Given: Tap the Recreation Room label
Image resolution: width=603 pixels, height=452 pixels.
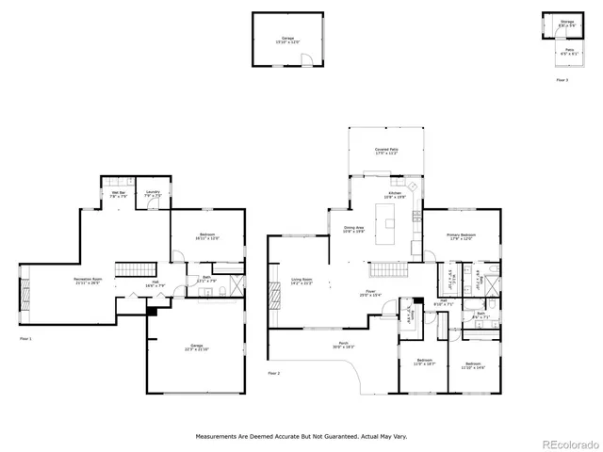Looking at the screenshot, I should click(x=90, y=282).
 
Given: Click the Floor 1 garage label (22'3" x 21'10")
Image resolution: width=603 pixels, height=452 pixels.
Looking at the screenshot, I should click(x=197, y=347).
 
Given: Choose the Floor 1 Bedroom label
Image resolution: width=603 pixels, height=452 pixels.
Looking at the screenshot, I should click(x=207, y=236).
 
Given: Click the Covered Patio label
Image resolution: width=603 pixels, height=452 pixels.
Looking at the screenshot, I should click(x=384, y=152).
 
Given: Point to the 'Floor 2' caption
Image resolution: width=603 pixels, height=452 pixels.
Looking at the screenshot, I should click(x=274, y=373).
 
